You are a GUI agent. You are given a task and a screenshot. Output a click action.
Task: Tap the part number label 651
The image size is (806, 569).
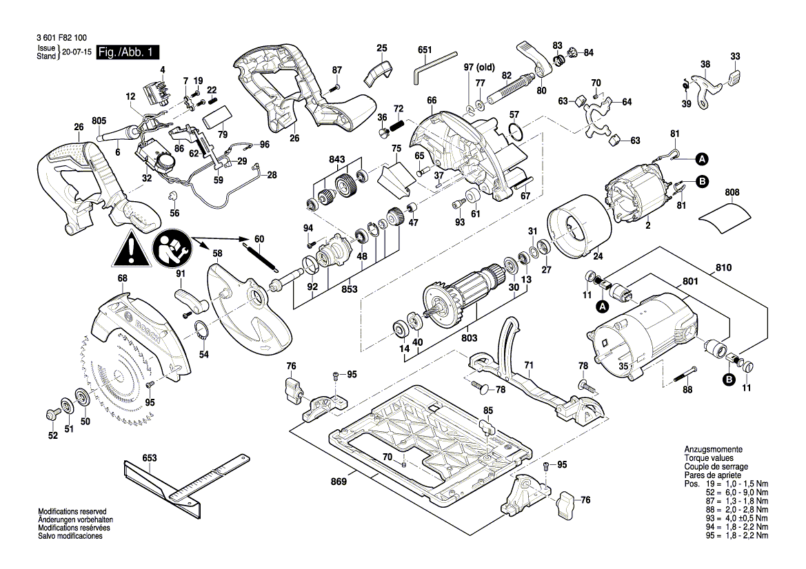coord(425,50)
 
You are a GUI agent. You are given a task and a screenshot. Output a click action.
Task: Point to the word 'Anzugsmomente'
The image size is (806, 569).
coord(712,449)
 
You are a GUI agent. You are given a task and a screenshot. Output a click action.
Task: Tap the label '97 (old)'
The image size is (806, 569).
coord(479,67)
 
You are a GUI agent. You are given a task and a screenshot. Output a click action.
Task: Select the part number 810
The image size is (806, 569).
coord(723,267)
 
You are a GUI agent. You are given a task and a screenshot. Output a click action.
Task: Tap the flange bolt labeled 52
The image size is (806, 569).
coord(51,414)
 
